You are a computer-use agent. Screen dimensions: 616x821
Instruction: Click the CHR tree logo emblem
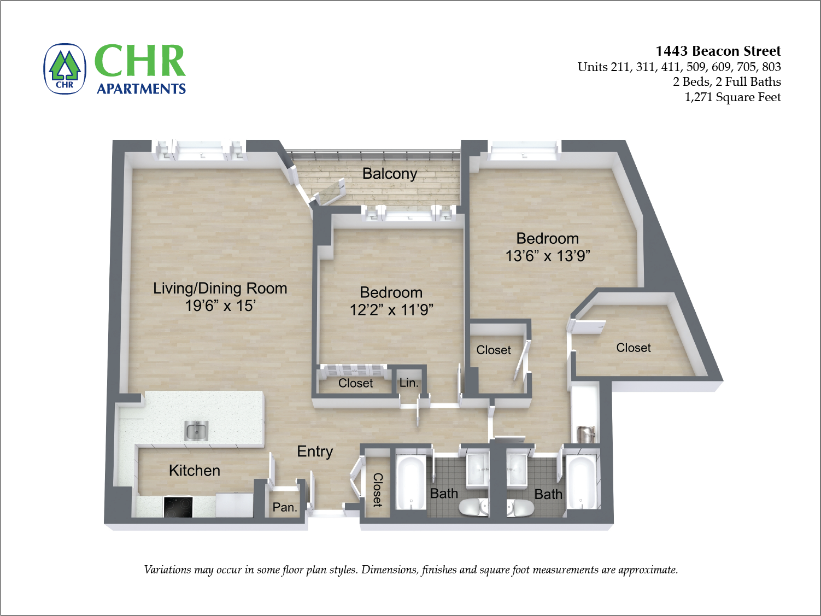point(65,69)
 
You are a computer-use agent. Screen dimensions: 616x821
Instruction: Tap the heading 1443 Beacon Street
point(718,51)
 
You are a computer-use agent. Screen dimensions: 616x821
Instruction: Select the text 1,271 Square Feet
point(732,97)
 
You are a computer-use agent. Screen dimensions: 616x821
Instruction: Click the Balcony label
point(390,174)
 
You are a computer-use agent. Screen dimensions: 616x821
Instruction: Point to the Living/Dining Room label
point(220,288)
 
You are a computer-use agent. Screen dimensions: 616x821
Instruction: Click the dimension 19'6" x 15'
point(220,306)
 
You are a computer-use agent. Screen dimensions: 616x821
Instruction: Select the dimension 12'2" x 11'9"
point(391,310)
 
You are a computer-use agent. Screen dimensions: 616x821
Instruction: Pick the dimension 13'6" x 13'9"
point(548,256)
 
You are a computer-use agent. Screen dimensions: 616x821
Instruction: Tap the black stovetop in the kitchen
point(178,506)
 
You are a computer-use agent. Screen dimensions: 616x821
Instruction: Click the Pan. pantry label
point(285,507)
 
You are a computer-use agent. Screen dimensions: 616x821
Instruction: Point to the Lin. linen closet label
point(409,383)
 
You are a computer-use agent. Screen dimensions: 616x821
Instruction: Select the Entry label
point(315,451)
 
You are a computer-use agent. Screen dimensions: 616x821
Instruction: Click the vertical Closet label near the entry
point(377,490)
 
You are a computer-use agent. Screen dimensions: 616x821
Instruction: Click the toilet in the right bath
point(520,508)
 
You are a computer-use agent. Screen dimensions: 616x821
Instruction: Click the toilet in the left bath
point(473,508)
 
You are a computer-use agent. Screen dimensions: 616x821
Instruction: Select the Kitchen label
point(195,471)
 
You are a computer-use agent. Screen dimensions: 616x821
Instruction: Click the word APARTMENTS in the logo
point(141,89)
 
